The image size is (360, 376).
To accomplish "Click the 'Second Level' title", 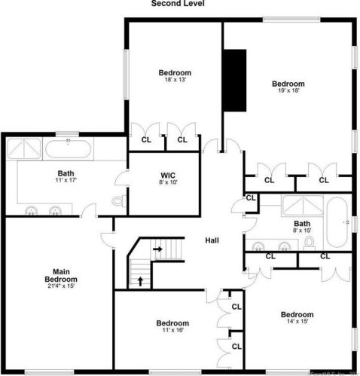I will tap(178, 4).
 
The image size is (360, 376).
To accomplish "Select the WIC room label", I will tap(168, 175).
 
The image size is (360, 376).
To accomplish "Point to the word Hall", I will tap(212, 240).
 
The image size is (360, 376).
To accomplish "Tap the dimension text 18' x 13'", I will tap(171, 80).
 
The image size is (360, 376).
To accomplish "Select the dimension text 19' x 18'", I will tap(288, 91).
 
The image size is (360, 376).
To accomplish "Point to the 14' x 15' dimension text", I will tap(296, 322).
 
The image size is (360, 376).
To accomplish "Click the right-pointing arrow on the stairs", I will tap(158, 247).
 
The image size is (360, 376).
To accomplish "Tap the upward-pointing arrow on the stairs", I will tap(141, 282).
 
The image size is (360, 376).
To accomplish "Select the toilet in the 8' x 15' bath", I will tap(309, 243).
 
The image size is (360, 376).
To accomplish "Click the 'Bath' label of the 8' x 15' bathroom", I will tap(302, 224).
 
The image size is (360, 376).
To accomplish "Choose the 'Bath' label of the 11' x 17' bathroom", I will tap(66, 173).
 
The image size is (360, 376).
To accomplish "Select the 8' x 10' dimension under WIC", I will tap(168, 182).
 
